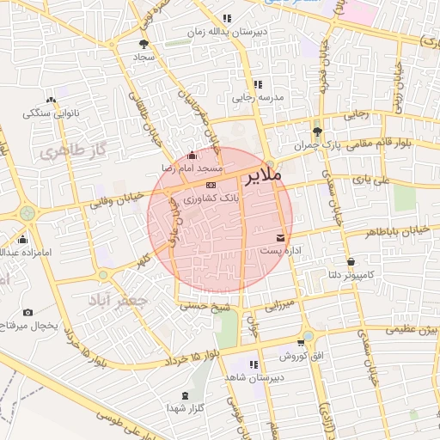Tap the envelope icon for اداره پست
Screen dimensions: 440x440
pyautogui.click(x=281, y=237)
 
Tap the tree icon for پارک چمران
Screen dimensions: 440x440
pyautogui.click(x=318, y=131)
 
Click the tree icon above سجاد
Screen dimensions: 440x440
pyautogui.click(x=143, y=43)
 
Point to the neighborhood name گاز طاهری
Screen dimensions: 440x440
pyautogui.click(x=71, y=152)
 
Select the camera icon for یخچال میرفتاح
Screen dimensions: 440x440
pyautogui.click(x=28, y=313)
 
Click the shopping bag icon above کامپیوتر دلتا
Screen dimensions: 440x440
pyautogui.click(x=351, y=261)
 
